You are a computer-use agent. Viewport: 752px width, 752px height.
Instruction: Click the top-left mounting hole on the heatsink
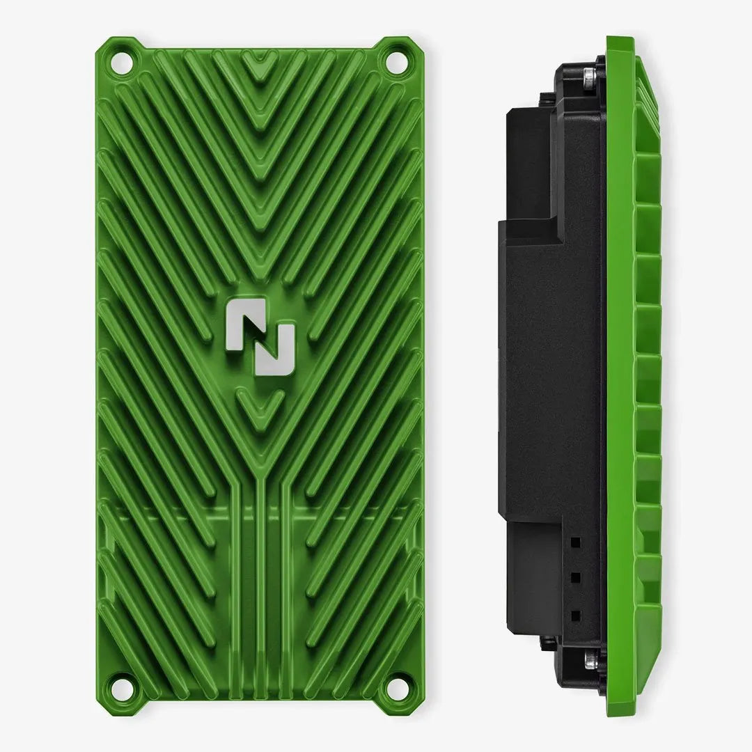coord(120,62)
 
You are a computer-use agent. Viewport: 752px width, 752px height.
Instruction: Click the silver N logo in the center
coord(259,338)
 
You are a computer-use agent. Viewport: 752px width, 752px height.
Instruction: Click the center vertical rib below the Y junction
coord(259,592)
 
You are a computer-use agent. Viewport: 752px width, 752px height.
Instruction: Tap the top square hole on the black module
coord(575,540)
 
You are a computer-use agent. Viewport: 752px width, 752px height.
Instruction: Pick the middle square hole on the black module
coord(575,577)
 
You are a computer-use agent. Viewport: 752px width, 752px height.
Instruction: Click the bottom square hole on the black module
coord(575,615)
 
